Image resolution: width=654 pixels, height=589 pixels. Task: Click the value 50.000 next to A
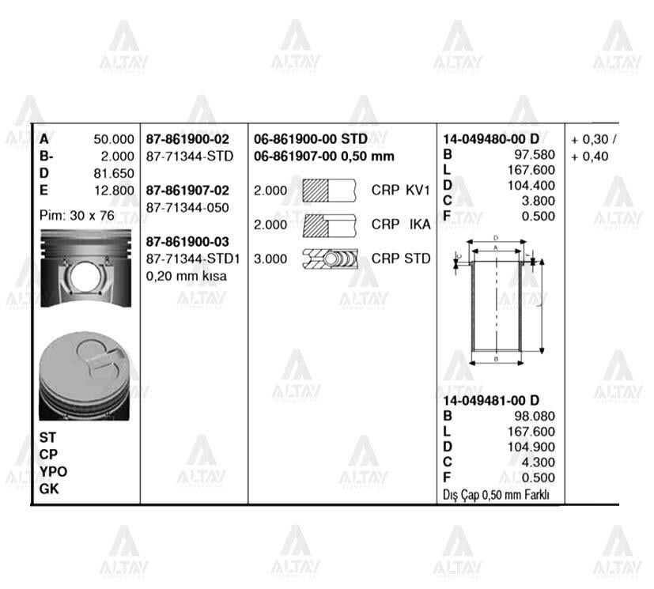tap(114, 139)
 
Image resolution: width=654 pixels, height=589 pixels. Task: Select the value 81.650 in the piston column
tap(114, 173)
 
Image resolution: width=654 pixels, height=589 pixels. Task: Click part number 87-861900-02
tap(187, 139)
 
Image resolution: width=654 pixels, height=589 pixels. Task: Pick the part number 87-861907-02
tap(187, 191)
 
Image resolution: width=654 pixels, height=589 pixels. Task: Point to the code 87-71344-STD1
tap(194, 259)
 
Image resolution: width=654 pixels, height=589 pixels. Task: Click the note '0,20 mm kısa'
tap(187, 276)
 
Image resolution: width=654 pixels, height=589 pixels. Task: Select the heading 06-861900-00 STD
tap(310, 139)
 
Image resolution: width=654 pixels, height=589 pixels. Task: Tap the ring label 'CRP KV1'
tap(400, 191)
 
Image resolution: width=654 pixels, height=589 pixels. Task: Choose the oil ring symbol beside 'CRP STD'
tap(331, 259)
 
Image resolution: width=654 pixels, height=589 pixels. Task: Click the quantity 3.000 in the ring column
tap(270, 259)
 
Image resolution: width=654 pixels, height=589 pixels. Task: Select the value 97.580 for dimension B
tap(535, 154)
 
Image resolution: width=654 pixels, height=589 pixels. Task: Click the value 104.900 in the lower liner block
tap(535, 447)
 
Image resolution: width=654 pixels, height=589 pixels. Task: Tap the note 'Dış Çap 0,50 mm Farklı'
tap(497, 496)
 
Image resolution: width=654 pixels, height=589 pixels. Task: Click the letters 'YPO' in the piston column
tap(53, 472)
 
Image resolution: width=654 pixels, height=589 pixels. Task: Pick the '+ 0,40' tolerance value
tap(590, 157)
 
